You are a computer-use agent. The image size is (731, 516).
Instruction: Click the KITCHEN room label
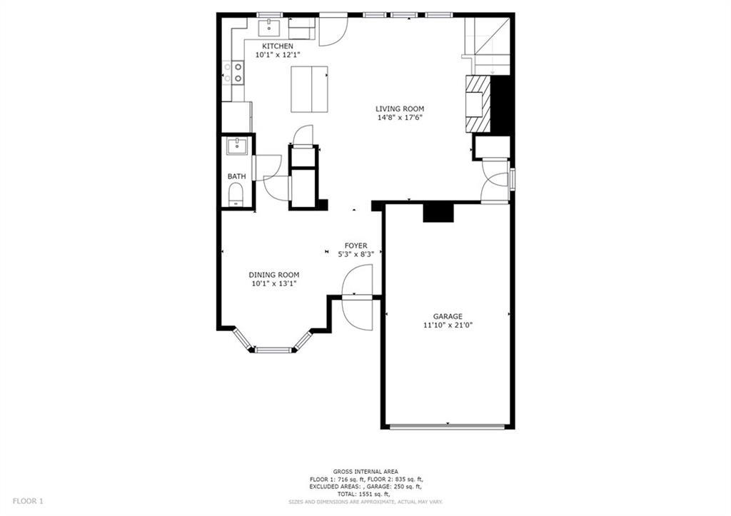pos(278,46)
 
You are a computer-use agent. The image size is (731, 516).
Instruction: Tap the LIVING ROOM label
pos(400,109)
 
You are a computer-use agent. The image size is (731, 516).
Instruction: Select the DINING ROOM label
pos(273,275)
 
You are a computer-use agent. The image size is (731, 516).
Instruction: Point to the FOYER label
pos(356,246)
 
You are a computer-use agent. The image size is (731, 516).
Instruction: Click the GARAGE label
pos(448,316)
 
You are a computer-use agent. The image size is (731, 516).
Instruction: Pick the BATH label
pos(236,177)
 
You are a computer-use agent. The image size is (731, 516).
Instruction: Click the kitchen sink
pos(269,28)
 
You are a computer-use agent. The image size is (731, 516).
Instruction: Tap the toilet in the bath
pos(236,194)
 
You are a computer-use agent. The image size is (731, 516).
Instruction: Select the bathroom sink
pos(237,146)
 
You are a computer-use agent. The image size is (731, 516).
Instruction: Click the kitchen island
pos(309,89)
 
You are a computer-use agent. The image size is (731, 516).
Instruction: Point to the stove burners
pos(233,73)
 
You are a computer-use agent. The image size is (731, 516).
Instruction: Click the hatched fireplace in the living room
pos(478,104)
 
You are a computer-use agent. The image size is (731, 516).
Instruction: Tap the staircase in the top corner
pos(487,46)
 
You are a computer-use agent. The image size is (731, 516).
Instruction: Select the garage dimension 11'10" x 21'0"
pos(448,325)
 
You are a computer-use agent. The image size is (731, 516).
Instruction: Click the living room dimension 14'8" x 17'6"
pos(400,118)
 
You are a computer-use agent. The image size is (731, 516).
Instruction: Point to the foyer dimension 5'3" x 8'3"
pos(356,255)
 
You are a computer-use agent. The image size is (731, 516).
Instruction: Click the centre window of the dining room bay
pos(273,349)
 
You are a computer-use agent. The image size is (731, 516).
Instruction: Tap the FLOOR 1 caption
pos(28,501)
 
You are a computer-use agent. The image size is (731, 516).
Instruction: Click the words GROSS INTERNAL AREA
pos(365,472)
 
